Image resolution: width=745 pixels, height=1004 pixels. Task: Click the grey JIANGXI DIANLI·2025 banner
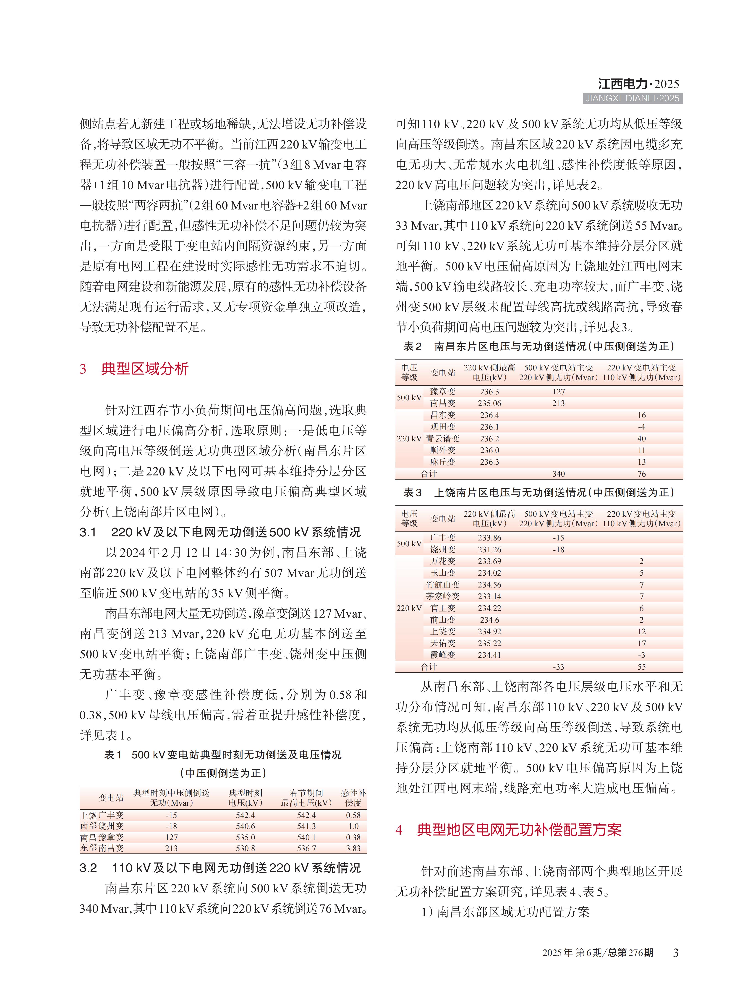[632, 98]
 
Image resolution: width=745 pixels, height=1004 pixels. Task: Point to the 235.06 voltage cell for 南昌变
[489, 403]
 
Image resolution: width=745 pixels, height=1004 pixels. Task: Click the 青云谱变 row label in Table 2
[442, 438]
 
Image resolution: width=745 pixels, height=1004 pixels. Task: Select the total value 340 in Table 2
[558, 474]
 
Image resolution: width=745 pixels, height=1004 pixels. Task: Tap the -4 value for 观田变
[641, 427]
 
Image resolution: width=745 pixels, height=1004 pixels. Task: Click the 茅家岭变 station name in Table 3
[442, 596]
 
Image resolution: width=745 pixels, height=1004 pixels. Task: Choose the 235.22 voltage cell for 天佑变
[489, 643]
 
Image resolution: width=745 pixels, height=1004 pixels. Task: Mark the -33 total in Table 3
[558, 667]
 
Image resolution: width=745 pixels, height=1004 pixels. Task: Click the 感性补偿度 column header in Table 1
[353, 798]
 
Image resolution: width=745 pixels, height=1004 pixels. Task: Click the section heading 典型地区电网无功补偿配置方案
[519, 830]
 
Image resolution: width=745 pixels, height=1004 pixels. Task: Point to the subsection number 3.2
[88, 868]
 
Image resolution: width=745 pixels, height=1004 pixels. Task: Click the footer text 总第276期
[630, 953]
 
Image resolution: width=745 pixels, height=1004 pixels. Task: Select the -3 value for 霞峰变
[641, 655]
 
